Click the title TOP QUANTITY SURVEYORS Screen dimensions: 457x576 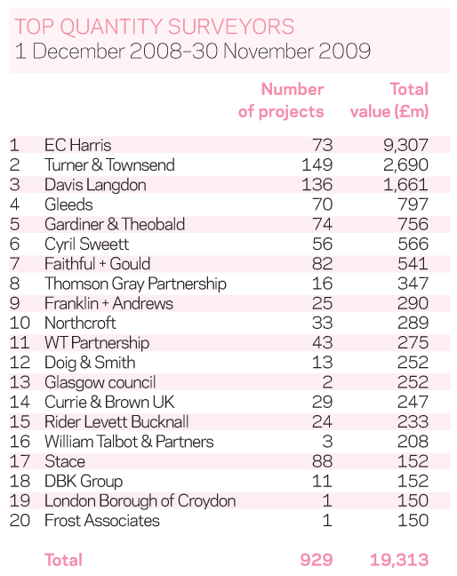tap(155, 27)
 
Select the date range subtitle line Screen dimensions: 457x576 tap(193, 51)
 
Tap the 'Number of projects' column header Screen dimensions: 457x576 tap(281, 100)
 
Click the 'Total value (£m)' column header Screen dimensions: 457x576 tap(389, 100)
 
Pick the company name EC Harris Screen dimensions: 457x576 tap(77, 145)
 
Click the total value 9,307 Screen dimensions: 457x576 tap(405, 145)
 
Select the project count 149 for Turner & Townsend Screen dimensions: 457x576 tap(317, 165)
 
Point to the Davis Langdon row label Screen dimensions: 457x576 tap(95, 185)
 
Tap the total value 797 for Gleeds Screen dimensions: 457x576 tap(413, 204)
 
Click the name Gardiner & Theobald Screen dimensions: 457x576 tap(115, 225)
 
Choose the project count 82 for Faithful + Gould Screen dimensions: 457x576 tap(322, 264)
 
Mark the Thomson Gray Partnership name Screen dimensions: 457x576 tap(135, 284)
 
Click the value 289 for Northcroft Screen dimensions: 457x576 tap(413, 324)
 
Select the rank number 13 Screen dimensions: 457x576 tap(20, 382)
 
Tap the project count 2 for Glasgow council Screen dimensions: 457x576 tap(327, 382)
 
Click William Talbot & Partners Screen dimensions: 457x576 tap(129, 442)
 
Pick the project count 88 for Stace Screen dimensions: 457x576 tap(322, 461)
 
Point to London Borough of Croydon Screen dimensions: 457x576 tap(140, 501)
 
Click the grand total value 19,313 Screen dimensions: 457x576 tap(399, 560)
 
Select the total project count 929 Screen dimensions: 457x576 tap(317, 560)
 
